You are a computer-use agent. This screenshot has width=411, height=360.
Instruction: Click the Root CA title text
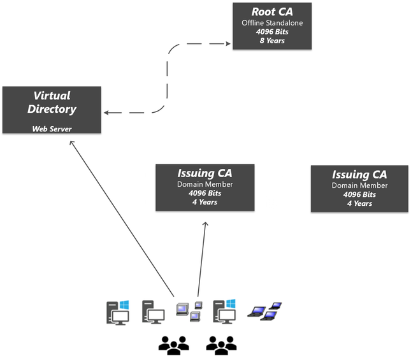[271, 11]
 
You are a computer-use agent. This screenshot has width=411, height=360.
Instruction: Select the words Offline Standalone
[271, 24]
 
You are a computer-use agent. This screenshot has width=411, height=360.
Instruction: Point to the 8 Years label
[271, 41]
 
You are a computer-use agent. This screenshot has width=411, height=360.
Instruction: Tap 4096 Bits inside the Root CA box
[271, 32]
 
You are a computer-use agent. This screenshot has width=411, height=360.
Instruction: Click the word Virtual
[52, 96]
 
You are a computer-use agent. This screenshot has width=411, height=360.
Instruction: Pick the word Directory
[52, 109]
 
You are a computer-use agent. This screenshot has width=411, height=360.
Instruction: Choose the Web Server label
[52, 129]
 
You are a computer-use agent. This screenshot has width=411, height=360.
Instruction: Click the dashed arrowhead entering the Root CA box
[228, 44]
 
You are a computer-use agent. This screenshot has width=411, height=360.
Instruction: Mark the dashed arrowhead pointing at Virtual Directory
[106, 113]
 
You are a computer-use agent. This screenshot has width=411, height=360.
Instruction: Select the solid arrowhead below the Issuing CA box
[205, 225]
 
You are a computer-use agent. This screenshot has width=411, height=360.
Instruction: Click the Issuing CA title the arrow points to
[205, 173]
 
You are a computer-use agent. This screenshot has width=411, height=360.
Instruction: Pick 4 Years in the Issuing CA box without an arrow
[359, 203]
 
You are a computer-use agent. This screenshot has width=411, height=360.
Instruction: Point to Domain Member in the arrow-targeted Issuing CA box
[205, 185]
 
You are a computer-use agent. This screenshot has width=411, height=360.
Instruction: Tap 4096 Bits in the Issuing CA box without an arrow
[359, 194]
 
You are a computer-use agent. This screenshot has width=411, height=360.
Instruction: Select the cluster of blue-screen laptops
[264, 310]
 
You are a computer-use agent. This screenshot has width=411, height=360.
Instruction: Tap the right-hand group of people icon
[221, 345]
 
